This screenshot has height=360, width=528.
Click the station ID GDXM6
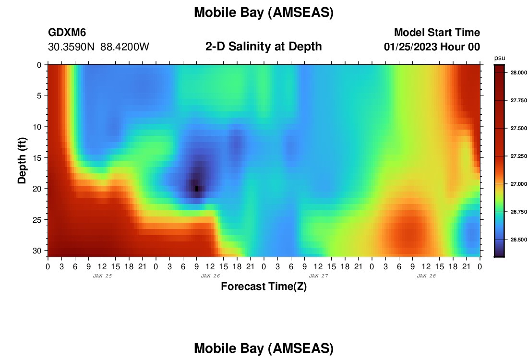[x=67, y=32]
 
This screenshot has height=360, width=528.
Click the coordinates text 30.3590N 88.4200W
[x=99, y=47]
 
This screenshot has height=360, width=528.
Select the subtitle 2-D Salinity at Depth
[x=264, y=47]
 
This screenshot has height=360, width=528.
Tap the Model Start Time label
[x=437, y=32]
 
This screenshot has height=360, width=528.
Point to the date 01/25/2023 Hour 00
[x=432, y=47]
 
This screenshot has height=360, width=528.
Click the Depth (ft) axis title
[x=22, y=160]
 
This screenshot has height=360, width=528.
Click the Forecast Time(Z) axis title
[x=264, y=287]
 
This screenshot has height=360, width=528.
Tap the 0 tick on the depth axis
[x=39, y=65]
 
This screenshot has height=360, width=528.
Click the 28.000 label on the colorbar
[x=518, y=73]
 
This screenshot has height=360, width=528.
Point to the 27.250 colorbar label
[x=518, y=156]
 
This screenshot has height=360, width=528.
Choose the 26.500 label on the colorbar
[x=518, y=240]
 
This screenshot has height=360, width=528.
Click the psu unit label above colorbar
[x=500, y=58]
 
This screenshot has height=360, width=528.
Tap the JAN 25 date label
[x=102, y=276]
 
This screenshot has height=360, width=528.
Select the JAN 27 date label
[x=318, y=276]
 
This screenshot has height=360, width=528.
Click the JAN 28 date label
[x=426, y=276]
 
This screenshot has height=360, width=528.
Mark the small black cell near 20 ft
[x=197, y=189]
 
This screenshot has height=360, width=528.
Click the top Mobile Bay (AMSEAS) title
[x=264, y=13]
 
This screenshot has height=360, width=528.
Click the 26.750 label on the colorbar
[x=518, y=212]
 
